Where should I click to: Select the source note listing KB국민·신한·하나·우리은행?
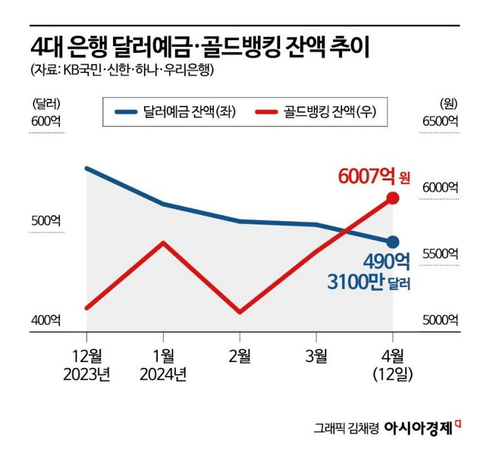(122, 70)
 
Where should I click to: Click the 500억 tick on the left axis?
(45, 221)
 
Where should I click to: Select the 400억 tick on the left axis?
(45, 320)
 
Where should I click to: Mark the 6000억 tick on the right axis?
(440, 188)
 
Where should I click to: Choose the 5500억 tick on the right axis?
(440, 253)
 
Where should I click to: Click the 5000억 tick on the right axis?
(440, 320)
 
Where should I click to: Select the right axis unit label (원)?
(449, 103)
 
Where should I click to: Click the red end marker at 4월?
(393, 198)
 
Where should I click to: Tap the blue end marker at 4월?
(393, 242)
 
